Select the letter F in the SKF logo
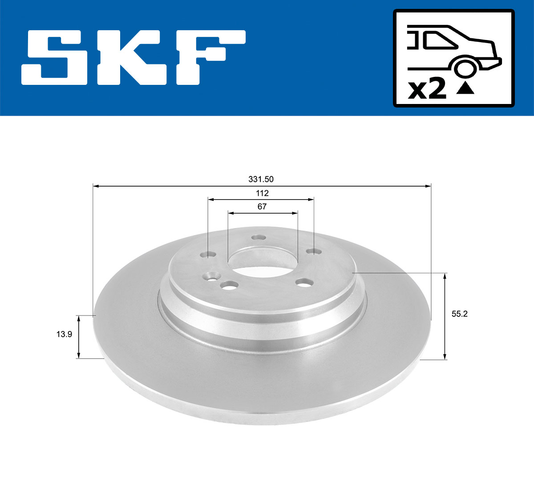tap(209, 57)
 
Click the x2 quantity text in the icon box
tap(427, 90)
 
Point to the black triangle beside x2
tap(465, 89)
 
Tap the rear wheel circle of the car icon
tap(465, 68)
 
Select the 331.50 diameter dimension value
tap(261, 180)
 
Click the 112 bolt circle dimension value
tap(262, 193)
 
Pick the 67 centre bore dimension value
tap(262, 207)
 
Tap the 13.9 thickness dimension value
tap(64, 335)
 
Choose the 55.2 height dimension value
tap(460, 314)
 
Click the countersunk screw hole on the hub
tap(211, 277)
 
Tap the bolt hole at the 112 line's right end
tap(314, 252)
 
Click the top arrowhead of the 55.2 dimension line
tap(445, 276)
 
